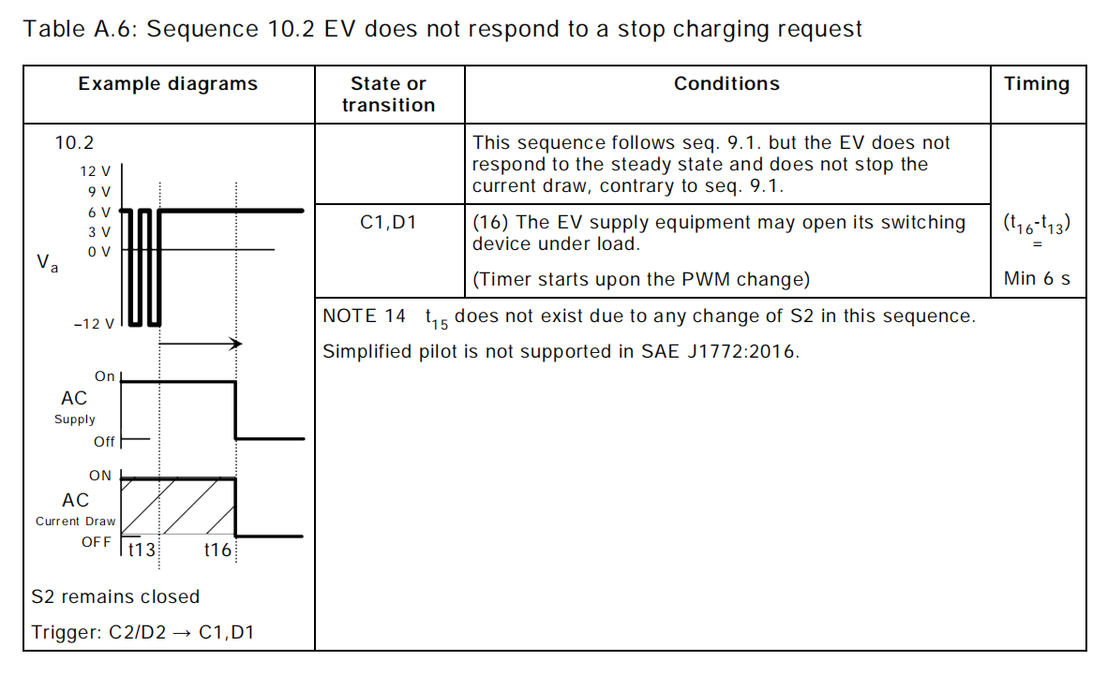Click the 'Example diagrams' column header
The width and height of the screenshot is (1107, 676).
[168, 84]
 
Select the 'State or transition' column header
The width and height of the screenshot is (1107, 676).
[388, 95]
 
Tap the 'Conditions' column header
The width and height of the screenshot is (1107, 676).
[726, 84]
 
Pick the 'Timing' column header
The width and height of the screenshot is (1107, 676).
[1037, 84]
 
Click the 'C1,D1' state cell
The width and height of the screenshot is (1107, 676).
[388, 224]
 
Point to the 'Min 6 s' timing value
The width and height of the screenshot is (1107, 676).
[1037, 279]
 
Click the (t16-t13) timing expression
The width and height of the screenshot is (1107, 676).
[1037, 225]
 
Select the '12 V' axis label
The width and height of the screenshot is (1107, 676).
[95, 171]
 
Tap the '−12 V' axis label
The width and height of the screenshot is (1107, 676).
[93, 324]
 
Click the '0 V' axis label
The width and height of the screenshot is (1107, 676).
[98, 251]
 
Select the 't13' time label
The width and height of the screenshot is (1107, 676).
[142, 551]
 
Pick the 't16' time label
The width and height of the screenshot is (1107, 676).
[217, 551]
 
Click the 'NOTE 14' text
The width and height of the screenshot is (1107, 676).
[364, 316]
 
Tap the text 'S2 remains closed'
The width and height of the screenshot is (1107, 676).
[115, 597]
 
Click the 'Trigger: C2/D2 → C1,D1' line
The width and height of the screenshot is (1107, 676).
[142, 633]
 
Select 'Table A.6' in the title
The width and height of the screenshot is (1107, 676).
[80, 29]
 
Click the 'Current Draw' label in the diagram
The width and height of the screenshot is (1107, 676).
[76, 522]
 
